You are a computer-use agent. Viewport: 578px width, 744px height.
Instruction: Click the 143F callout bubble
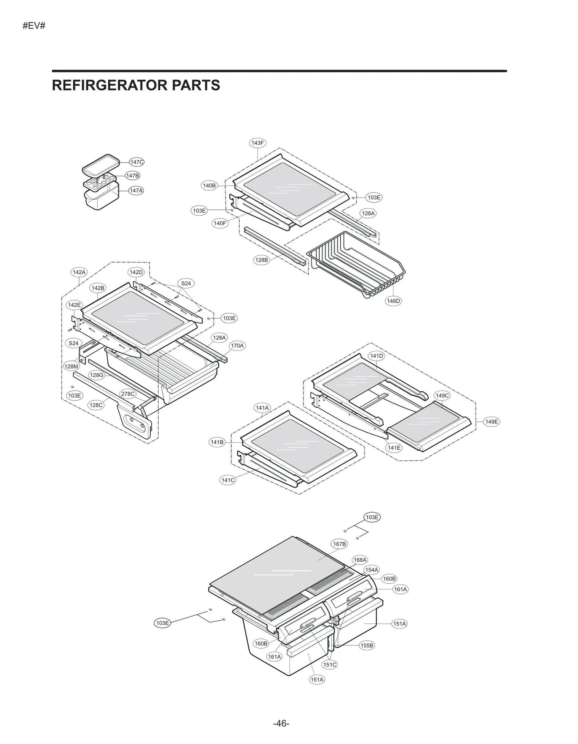[257, 143]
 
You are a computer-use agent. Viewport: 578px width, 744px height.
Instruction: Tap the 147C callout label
[137, 162]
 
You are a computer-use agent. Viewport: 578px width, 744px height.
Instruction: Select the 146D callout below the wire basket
[393, 301]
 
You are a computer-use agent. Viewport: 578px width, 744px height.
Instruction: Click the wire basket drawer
[356, 264]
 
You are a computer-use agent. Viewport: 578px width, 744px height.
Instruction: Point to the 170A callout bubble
[237, 346]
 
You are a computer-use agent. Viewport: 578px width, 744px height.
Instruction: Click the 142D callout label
[136, 272]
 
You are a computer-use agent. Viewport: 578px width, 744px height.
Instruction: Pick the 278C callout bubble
[128, 394]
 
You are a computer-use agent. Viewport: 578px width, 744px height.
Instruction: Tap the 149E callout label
[492, 422]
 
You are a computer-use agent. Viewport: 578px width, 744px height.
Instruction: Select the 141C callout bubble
[228, 480]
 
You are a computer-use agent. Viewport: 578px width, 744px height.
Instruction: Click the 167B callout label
[339, 544]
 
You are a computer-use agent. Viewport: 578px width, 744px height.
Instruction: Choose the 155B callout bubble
[367, 646]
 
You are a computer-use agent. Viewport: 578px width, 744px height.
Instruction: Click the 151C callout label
[329, 664]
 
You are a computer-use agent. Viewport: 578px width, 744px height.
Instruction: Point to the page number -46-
[281, 723]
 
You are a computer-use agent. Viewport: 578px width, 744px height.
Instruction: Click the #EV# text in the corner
[34, 26]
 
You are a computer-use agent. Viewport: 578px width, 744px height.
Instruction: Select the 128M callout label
[71, 366]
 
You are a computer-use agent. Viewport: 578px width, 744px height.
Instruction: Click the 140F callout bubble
[220, 223]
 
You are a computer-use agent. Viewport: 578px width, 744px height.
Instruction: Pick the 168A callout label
[360, 560]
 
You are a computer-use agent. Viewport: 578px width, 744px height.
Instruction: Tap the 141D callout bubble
[376, 356]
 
